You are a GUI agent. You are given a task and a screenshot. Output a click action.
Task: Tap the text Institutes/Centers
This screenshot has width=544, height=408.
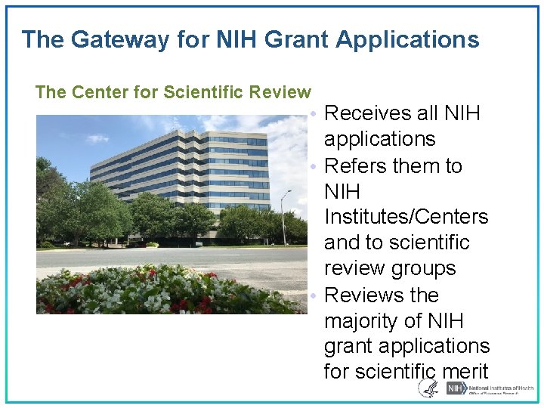[406, 218]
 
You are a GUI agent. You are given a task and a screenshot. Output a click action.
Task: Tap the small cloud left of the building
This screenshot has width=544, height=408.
[97, 139]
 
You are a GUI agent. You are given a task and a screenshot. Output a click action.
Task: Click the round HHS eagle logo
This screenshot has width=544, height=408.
[428, 388]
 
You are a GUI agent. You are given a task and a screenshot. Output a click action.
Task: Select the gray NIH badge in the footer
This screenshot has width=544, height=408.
[456, 388]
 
